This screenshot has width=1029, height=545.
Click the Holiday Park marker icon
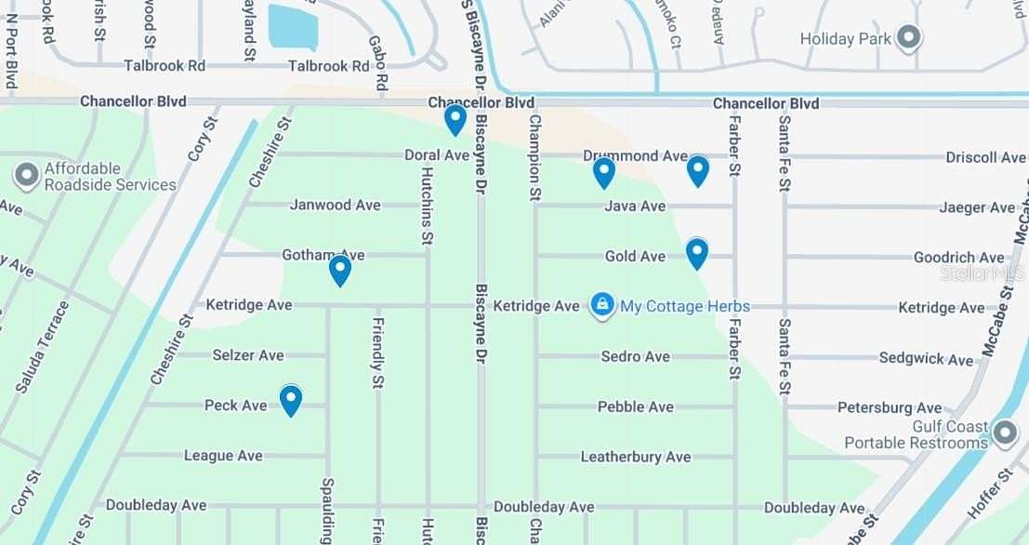tap(908, 39)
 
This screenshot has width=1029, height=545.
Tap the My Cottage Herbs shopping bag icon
tap(602, 305)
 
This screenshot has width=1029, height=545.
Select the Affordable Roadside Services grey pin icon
tap(27, 175)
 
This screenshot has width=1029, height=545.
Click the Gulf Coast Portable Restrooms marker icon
tap(1005, 433)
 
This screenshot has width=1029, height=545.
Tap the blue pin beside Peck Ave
tap(291, 400)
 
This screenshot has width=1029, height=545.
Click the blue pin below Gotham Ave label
tap(340, 270)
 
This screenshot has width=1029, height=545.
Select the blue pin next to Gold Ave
tap(697, 253)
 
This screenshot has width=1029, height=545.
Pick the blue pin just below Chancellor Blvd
tap(455, 119)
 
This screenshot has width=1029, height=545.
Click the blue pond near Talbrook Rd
tap(293, 26)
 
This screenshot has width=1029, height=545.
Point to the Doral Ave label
tap(436, 155)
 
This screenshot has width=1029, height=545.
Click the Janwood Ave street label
tap(335, 205)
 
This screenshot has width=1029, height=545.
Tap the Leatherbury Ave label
tap(636, 457)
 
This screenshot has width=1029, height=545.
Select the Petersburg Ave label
tap(890, 407)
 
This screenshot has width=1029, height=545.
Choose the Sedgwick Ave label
tap(926, 358)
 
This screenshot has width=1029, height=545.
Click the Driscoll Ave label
tap(985, 157)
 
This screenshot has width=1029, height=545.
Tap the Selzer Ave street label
tap(248, 355)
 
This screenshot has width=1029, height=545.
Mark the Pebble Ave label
tap(636, 406)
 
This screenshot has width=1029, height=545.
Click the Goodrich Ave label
tap(958, 258)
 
